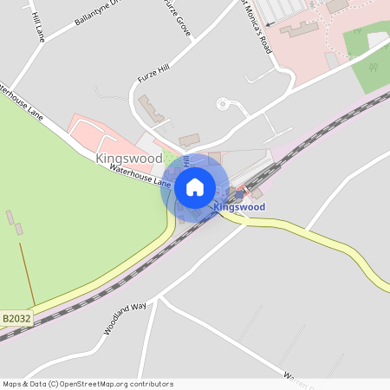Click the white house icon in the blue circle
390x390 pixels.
194,186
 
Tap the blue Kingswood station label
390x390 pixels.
238,207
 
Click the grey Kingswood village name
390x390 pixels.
128,159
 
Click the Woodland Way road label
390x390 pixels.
125,320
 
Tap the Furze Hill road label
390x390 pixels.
155,71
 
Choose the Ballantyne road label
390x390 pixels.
94,13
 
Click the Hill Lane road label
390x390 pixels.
36,27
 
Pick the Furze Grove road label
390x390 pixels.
174,16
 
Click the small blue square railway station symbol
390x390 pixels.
240,194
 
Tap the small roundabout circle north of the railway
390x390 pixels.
223,104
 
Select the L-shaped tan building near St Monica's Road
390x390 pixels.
300,29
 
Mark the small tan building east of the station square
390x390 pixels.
257,193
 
